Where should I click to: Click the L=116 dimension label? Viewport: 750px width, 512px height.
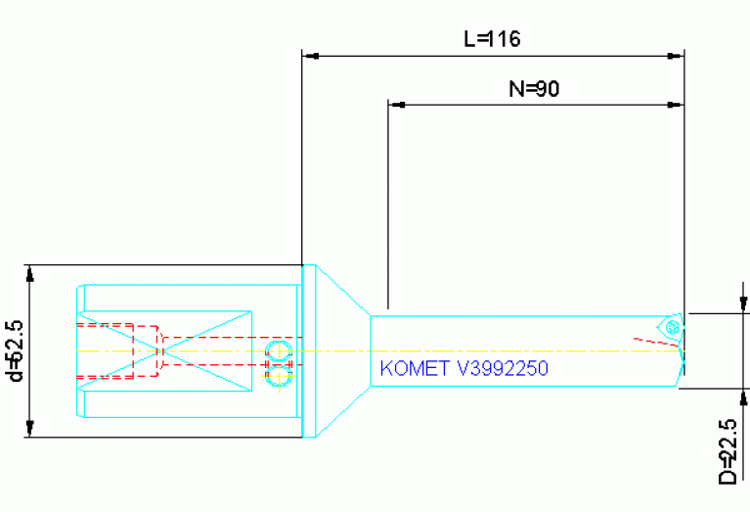pyautogui.click(x=492, y=39)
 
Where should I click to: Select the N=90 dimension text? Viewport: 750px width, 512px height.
pyautogui.click(x=534, y=89)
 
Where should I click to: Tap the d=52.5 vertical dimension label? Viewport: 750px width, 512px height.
pyautogui.click(x=15, y=350)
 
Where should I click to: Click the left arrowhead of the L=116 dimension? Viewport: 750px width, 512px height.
pyautogui.click(x=310, y=55)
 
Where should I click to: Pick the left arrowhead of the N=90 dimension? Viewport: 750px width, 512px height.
pyautogui.click(x=396, y=103)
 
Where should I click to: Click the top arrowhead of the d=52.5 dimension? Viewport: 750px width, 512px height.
pyautogui.click(x=31, y=273)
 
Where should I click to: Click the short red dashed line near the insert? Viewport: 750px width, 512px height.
pyautogui.click(x=651, y=343)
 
